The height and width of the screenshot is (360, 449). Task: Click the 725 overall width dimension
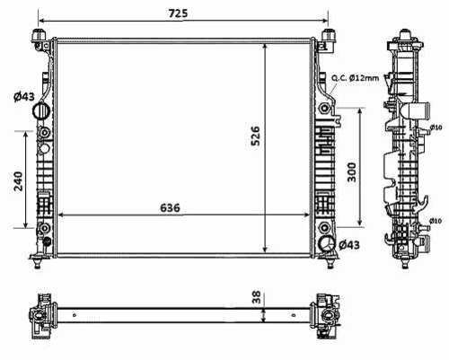(x=178, y=13)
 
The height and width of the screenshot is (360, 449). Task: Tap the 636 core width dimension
(x=170, y=207)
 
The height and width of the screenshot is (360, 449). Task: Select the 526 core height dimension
(x=255, y=136)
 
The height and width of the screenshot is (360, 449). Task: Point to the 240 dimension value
(x=18, y=181)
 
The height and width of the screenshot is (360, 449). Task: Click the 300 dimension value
(x=352, y=172)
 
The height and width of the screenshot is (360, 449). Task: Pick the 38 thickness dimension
(x=257, y=297)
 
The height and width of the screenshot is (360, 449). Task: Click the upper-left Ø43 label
(x=24, y=97)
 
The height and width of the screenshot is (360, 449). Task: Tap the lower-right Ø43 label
(x=349, y=245)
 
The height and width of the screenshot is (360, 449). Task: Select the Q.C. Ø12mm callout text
(x=355, y=78)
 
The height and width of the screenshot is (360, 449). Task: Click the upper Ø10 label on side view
(x=436, y=127)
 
